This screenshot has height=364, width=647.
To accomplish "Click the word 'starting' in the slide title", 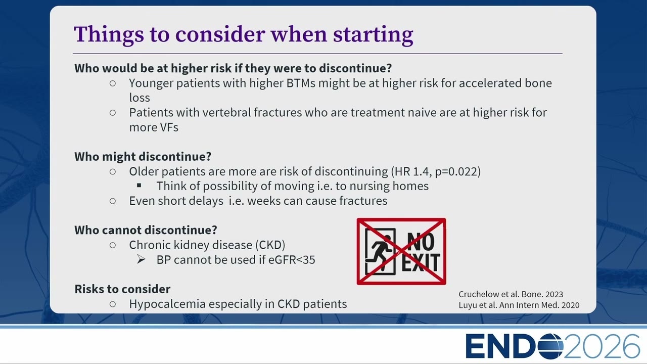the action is click(373, 35).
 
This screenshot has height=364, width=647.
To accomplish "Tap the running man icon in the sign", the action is click(379, 251).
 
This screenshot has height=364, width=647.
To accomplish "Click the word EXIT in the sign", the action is click(421, 262).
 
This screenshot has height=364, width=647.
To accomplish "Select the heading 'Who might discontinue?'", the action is click(143, 157).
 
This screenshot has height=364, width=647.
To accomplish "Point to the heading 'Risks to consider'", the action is click(122, 289).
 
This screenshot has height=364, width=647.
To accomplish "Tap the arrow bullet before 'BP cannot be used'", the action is click(141, 259).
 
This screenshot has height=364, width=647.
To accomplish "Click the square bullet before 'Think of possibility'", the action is click(139, 185).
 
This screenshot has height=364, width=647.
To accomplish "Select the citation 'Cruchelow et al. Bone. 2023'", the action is click(511, 294).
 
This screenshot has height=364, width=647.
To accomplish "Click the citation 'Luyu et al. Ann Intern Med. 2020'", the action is click(519, 305).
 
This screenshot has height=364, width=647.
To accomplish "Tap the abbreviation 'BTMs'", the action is click(300, 83).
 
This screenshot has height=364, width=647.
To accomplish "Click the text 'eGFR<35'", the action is click(292, 260).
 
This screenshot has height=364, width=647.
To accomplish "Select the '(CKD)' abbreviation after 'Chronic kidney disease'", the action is click(270, 245).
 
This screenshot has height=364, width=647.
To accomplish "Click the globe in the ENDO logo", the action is click(550, 346).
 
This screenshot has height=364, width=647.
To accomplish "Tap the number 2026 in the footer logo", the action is click(601, 346).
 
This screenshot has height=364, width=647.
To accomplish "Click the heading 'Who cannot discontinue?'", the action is click(146, 230).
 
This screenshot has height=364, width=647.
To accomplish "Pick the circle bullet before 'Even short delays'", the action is click(113, 201).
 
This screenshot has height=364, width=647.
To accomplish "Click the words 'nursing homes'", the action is click(389, 186).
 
